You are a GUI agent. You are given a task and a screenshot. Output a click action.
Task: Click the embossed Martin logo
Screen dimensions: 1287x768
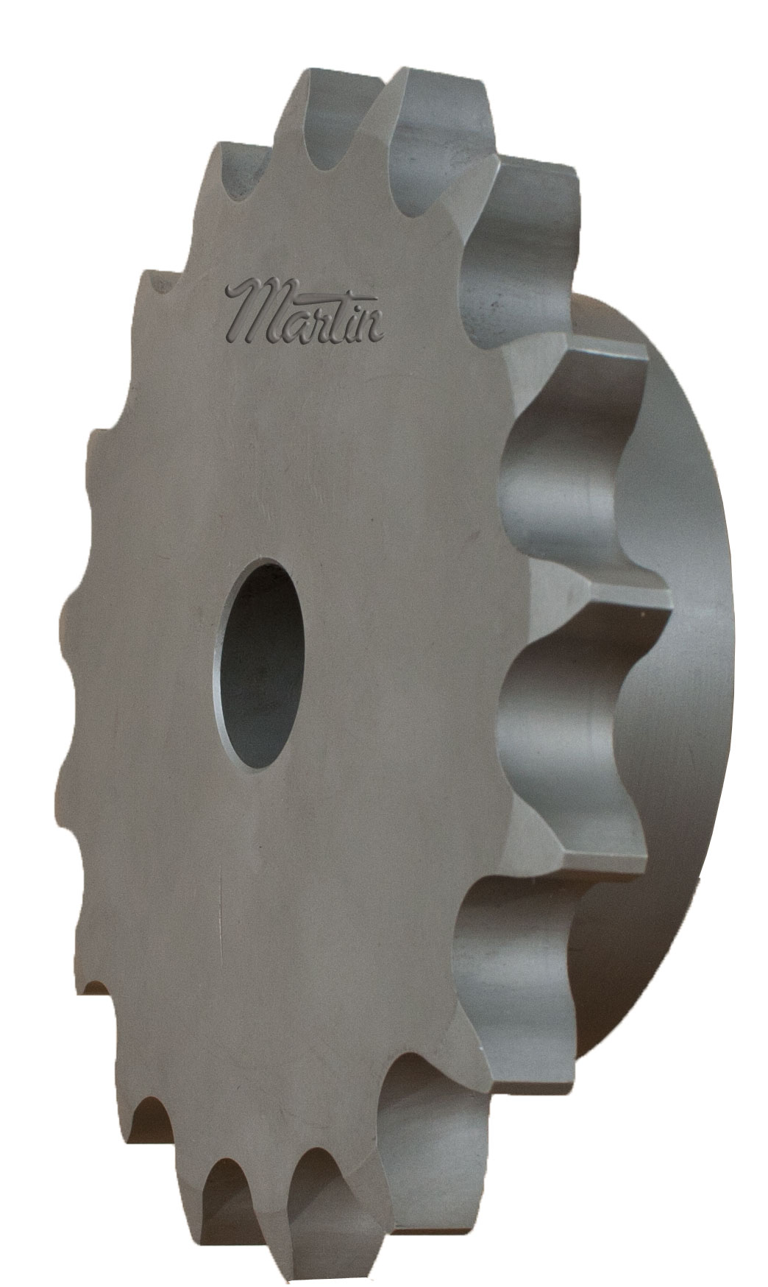pos(305,312)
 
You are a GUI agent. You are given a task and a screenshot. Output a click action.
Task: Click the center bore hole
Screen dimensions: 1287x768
pos(259,663)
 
